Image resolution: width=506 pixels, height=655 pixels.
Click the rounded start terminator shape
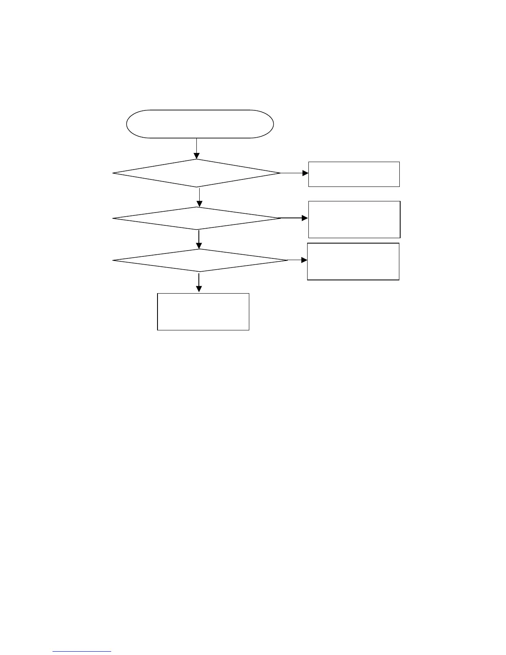click(200, 124)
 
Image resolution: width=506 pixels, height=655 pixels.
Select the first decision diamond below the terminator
click(197, 173)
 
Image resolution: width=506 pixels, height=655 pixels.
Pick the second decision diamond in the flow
click(197, 218)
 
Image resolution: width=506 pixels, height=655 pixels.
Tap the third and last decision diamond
click(200, 261)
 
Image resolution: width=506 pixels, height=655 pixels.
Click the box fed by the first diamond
click(354, 174)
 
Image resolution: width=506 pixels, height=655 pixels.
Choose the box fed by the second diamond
click(354, 220)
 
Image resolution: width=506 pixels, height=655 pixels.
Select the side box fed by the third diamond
click(353, 262)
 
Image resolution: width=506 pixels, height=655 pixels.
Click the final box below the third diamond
click(203, 312)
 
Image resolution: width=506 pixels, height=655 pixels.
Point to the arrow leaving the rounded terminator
click(196, 148)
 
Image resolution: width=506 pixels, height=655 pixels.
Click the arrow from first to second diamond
click(200, 198)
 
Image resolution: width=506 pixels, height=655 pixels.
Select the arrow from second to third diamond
click(199, 239)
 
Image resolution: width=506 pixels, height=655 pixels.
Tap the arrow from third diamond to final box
click(199, 282)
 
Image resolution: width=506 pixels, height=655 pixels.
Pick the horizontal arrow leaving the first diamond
click(294, 173)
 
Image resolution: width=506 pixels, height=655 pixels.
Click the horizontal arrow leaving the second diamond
click(294, 218)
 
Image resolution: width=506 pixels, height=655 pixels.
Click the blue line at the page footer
click(82, 652)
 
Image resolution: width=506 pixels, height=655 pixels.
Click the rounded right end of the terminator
click(271, 124)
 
